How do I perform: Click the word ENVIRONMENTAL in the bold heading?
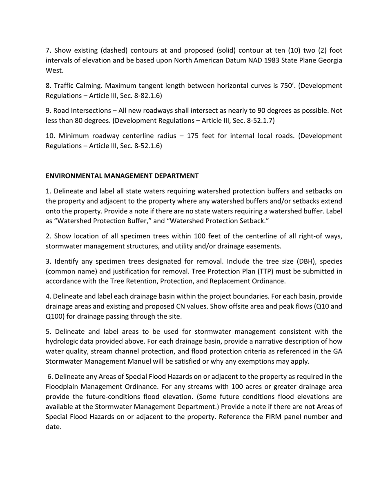coord(74,176)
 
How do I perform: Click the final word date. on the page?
coord(54,427)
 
